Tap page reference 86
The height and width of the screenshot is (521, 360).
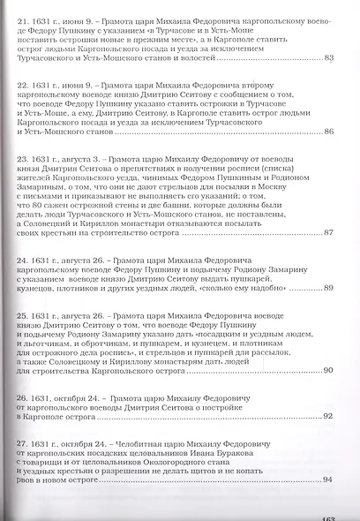329,132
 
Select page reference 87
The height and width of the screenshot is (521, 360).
329,232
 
